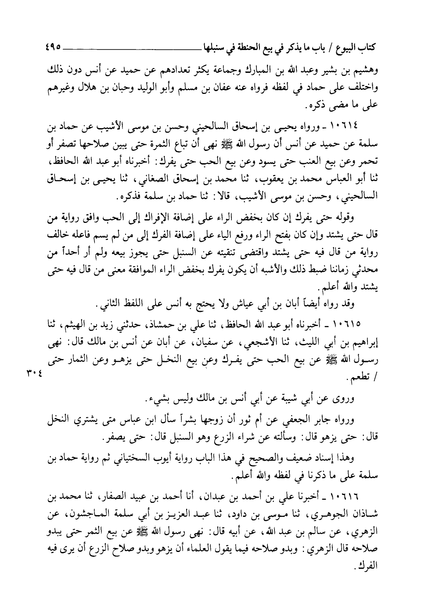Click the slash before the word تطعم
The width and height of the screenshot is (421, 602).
pos(363,377)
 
